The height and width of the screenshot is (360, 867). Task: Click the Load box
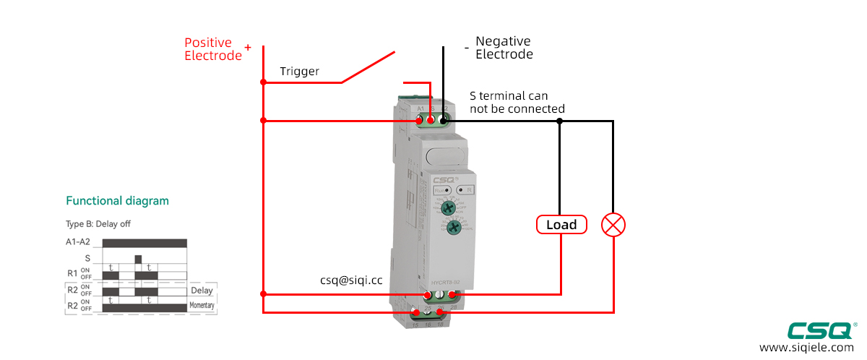point(561,225)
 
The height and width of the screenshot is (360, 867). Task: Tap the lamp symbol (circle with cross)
point(613,225)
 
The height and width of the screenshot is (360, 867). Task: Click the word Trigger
point(299,72)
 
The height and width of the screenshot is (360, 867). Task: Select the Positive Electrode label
point(213,49)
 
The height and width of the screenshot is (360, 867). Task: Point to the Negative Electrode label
point(504,48)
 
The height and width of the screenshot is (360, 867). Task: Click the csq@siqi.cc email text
point(351,279)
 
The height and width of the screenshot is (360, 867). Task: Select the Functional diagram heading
point(117,201)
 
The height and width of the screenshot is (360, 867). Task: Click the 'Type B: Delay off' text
point(98,223)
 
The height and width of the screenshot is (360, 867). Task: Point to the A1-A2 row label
point(77,242)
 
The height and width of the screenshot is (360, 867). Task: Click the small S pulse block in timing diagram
point(138,258)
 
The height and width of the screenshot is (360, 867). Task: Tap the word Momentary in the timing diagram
point(202,307)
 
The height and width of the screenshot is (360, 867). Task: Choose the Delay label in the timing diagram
point(202,291)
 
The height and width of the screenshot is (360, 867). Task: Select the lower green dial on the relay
point(453,228)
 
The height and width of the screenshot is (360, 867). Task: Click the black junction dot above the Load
point(559,121)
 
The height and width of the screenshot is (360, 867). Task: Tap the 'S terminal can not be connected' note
point(517,102)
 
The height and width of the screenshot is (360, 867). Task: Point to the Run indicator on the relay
point(441,190)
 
